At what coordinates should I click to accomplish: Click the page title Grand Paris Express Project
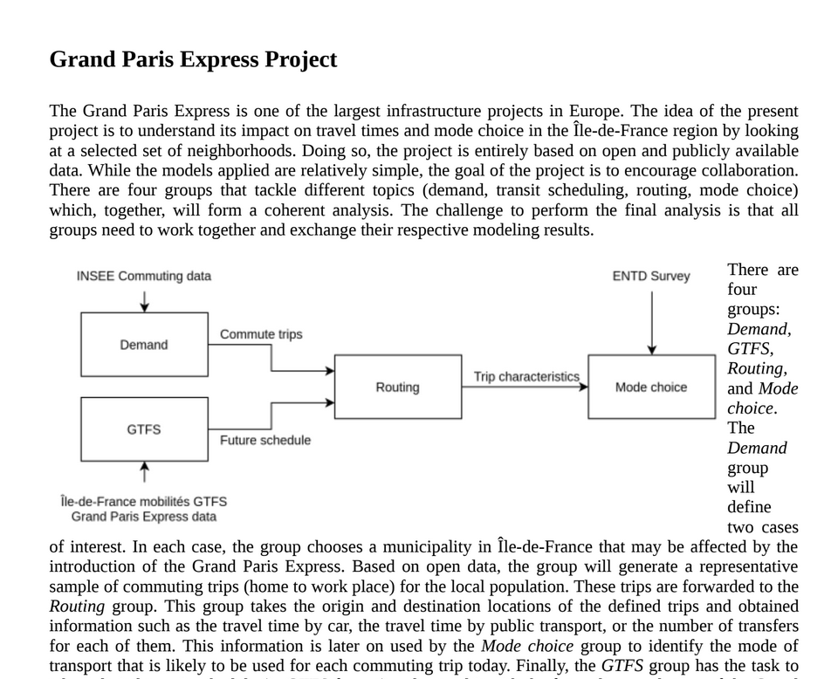193,59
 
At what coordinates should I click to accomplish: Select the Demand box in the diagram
144,345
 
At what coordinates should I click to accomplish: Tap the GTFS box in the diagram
144,429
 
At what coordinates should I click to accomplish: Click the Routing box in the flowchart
397,387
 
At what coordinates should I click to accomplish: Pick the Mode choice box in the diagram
651,387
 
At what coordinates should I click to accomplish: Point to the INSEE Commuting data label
144,276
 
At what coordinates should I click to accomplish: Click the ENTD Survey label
651,276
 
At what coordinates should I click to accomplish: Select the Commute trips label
261,334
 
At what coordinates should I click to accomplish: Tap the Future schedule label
265,440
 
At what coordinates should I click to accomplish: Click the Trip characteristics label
526,376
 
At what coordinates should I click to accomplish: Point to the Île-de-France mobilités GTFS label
144,501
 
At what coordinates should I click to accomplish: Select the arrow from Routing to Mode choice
524,387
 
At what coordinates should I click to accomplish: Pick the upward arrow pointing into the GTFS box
144,472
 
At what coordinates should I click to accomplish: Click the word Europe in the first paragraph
594,111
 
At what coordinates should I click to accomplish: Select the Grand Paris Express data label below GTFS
144,517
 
